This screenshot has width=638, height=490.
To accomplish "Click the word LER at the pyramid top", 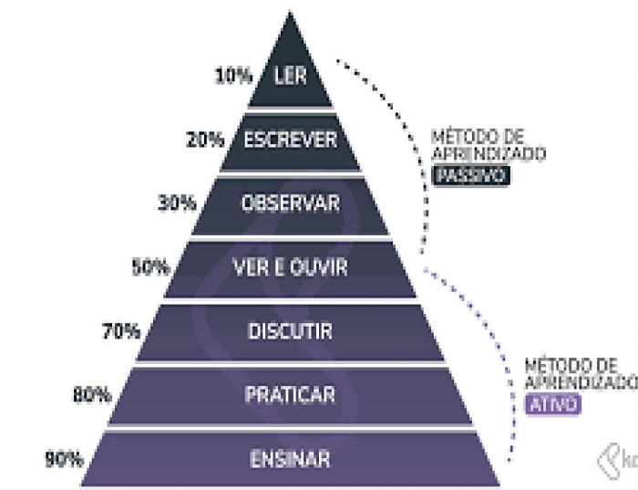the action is point(291,76).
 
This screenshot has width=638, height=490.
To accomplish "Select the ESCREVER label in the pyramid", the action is point(291,140).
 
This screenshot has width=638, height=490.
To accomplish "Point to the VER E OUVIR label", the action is point(291,267).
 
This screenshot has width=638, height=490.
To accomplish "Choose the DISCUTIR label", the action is point(291,331).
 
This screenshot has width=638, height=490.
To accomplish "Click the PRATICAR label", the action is point(291,395).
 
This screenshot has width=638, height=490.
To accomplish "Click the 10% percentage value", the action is point(233,76).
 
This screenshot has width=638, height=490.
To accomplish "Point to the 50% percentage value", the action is point(150,267).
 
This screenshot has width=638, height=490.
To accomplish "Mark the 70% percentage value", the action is point(121,331).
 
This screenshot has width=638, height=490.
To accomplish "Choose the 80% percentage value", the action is point(91,395).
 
